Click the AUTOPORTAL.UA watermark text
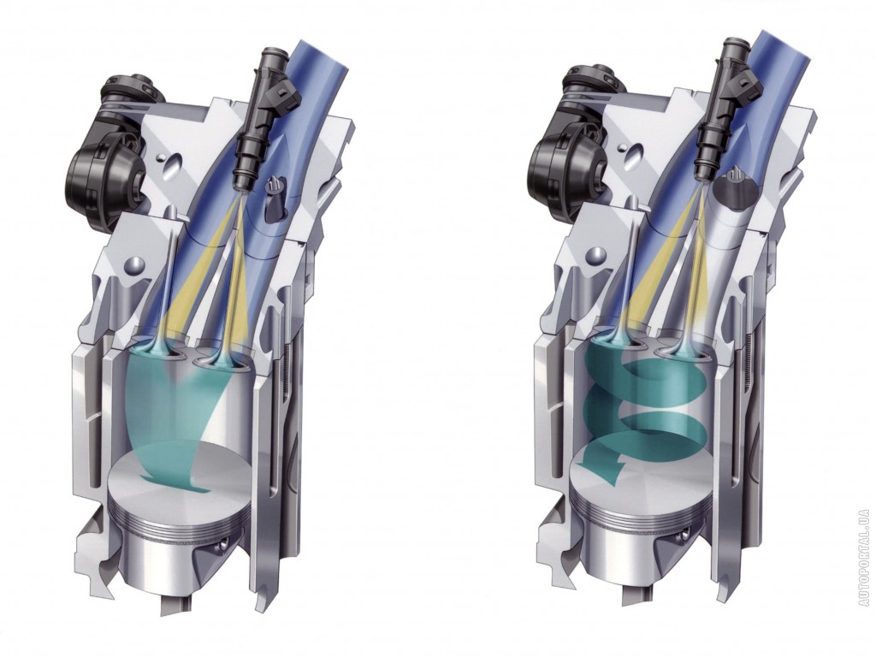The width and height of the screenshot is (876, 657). coord(865,542)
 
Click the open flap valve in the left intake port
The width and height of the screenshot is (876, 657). coord(274,198)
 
